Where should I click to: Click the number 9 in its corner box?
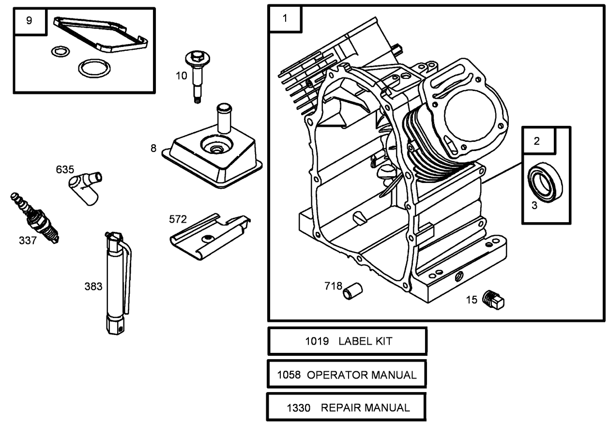(x=29, y=21)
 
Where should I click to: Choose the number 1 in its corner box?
(x=285, y=18)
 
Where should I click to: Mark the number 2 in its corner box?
(x=536, y=141)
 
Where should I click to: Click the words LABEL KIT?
(x=365, y=341)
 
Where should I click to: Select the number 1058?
(x=289, y=375)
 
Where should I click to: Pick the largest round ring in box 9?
(x=94, y=68)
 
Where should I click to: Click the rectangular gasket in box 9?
(x=101, y=33)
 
